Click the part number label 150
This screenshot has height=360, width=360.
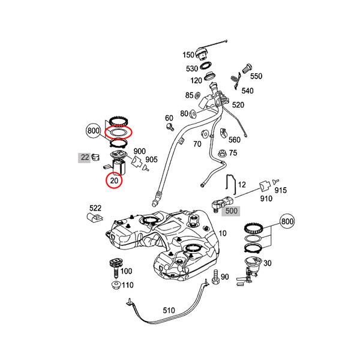[189, 55]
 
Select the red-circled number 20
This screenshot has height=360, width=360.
[114, 180]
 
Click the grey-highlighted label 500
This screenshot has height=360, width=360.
[231, 211]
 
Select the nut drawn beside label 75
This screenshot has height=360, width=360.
[223, 154]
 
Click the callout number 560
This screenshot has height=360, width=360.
[234, 140]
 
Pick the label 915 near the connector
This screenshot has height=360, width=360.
[281, 190]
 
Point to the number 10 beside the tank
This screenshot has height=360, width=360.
[223, 233]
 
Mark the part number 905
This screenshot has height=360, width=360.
[151, 160]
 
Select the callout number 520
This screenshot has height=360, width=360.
[238, 105]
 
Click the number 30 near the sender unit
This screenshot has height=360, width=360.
[268, 263]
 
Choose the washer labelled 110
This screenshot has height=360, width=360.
[114, 286]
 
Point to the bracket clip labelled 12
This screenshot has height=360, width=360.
[229, 182]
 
